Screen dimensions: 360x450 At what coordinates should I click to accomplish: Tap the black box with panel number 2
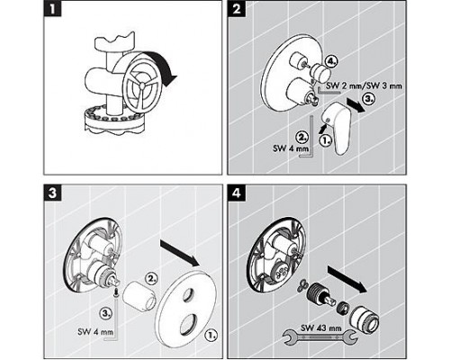(237, 13)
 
